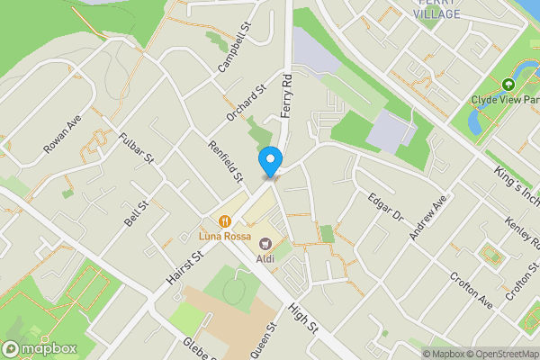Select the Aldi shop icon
tap(265, 242)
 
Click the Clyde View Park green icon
tap(508, 85)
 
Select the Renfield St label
tap(226, 161)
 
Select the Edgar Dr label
tap(384, 206)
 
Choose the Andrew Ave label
tap(427, 218)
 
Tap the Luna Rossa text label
tap(223, 238)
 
